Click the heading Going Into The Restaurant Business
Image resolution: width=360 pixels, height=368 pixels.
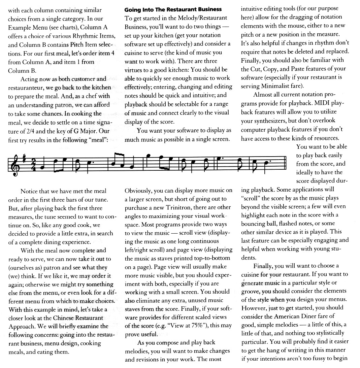click(x=173, y=9)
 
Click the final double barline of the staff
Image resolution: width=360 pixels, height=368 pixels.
click(x=285, y=164)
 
